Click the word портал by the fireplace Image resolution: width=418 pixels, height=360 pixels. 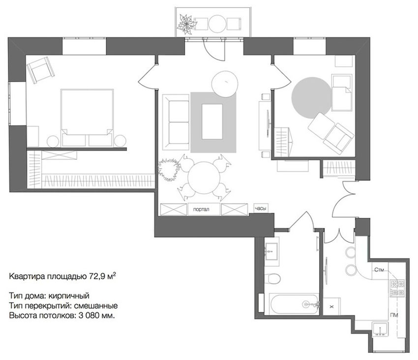(201, 210)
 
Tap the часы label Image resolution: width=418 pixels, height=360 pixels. (261, 209)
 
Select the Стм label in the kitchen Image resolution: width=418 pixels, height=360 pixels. (379, 270)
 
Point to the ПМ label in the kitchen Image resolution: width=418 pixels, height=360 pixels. (394, 315)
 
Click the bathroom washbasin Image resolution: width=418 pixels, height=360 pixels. (271, 251)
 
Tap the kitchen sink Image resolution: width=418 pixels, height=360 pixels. (380, 329)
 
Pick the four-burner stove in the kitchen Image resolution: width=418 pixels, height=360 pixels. (397, 288)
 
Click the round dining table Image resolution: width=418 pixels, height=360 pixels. (204, 178)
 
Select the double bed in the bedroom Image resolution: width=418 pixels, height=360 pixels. (87, 118)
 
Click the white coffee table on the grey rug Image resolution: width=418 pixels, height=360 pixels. (212, 121)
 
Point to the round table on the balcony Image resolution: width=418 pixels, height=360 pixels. (217, 23)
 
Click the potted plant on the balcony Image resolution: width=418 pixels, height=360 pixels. (186, 25)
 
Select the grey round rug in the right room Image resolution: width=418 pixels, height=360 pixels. (311, 98)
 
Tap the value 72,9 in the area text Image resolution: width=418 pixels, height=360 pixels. (96, 276)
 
